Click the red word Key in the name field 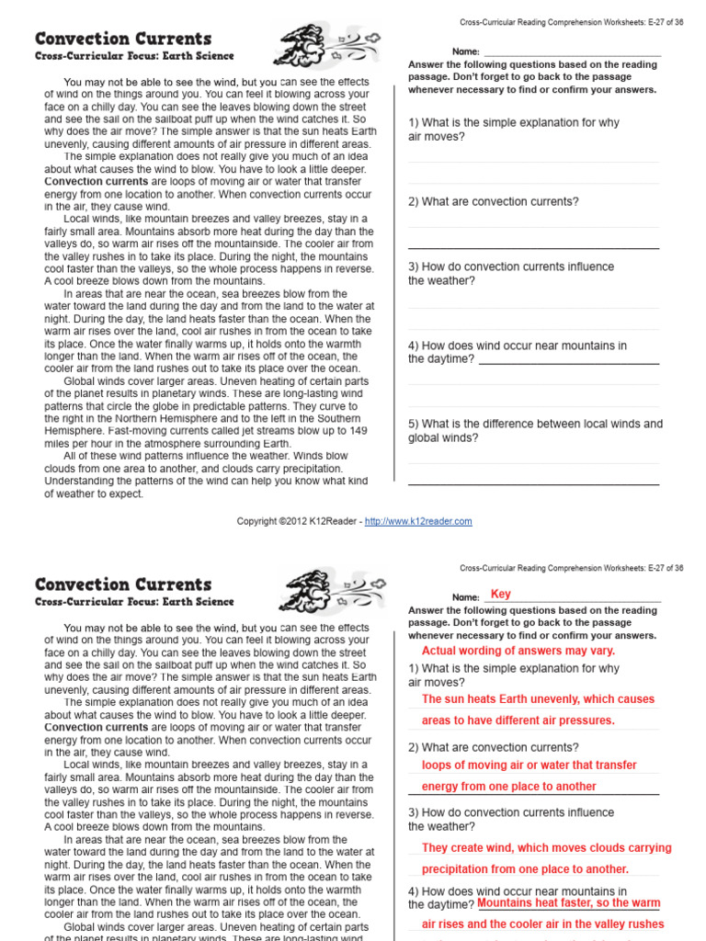tap(501, 595)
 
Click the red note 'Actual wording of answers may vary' tap(518, 651)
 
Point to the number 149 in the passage tap(358, 430)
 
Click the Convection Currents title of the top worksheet tap(123, 39)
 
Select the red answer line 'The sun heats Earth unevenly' tap(538, 699)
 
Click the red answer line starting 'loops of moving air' tap(529, 765)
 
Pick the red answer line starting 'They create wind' tap(546, 848)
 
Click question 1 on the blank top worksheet tap(514, 130)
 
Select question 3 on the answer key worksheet tap(510, 820)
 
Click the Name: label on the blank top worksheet tap(465, 51)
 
